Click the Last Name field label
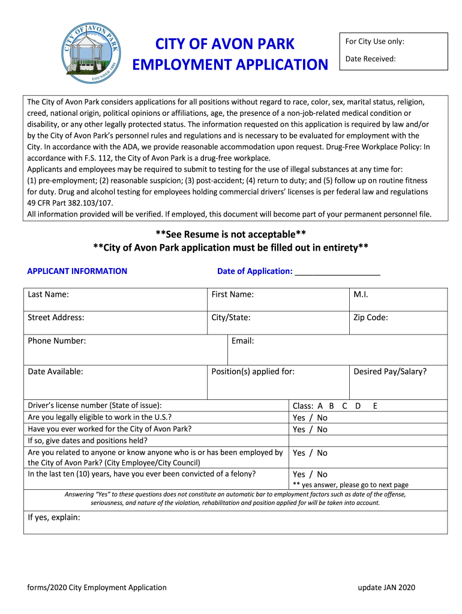(x=48, y=294)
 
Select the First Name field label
(x=232, y=294)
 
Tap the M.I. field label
(x=361, y=294)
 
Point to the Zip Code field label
(x=371, y=318)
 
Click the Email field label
(x=242, y=341)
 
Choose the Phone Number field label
(x=57, y=341)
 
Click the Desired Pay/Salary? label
(x=390, y=372)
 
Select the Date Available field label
(x=55, y=372)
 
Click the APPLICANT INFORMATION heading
(x=77, y=271)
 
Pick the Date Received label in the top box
(x=370, y=59)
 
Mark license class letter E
(x=375, y=406)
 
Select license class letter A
(x=320, y=406)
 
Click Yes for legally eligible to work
(x=299, y=418)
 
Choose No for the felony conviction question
(x=322, y=474)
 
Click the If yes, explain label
(x=54, y=517)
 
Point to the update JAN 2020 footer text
(x=386, y=588)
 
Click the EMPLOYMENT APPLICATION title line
(x=230, y=64)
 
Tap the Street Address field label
(x=56, y=318)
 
